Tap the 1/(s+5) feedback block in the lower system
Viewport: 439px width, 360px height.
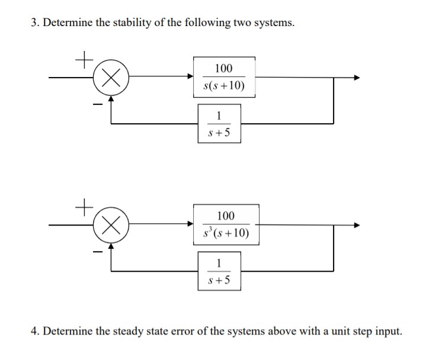click(x=220, y=271)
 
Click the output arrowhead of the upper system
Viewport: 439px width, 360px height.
click(x=355, y=78)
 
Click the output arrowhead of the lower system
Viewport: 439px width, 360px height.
click(x=355, y=225)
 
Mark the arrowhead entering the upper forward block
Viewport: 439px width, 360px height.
click(x=190, y=78)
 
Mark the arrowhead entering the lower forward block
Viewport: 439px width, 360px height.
click(x=190, y=225)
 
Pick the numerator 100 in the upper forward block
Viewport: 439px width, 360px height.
click(x=224, y=68)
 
